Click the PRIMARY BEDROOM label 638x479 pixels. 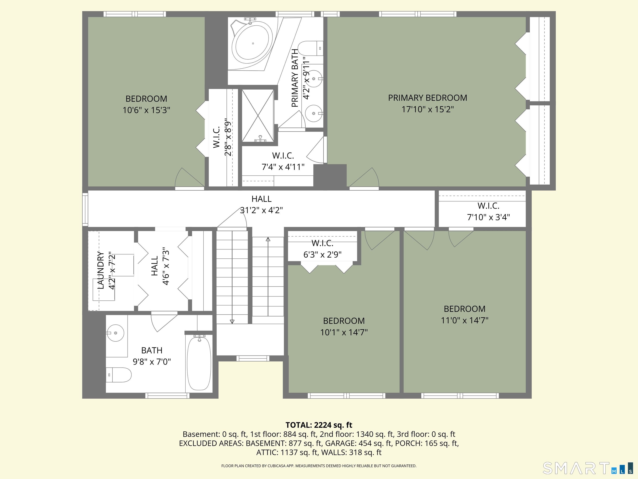[x=427, y=98]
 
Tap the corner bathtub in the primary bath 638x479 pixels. [x=253, y=44]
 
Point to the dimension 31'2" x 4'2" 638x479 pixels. [x=261, y=210]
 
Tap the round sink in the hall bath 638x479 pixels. [x=115, y=333]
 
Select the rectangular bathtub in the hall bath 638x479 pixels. [x=199, y=363]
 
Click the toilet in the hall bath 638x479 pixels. [x=119, y=375]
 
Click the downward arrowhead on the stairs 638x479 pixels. [x=232, y=321]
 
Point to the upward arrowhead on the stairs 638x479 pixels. [x=268, y=239]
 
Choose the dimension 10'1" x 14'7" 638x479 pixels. [x=344, y=332]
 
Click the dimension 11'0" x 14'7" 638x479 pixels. [x=464, y=320]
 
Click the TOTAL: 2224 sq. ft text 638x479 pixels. [x=319, y=425]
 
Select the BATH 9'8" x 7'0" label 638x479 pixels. [x=152, y=356]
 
